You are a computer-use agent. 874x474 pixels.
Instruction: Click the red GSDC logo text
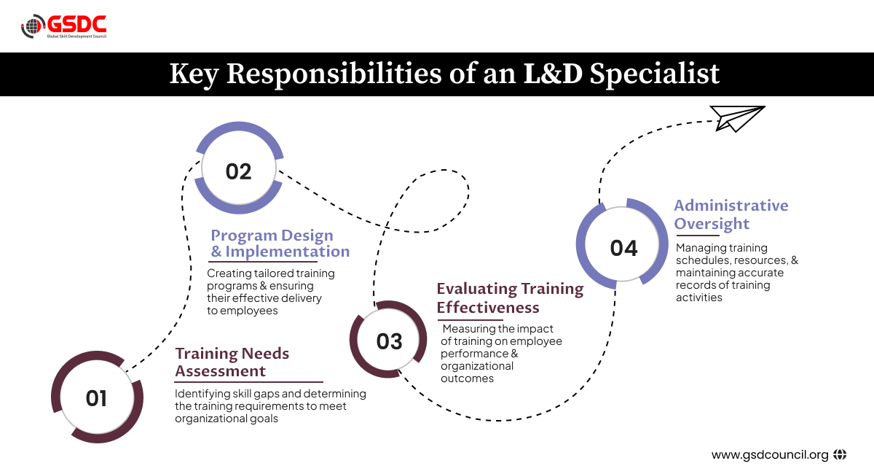[77, 24]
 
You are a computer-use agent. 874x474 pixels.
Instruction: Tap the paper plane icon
[736, 118]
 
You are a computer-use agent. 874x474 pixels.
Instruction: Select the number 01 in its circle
[96, 399]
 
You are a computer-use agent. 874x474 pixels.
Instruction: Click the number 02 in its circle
[238, 171]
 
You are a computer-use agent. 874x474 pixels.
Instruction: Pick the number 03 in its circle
[389, 341]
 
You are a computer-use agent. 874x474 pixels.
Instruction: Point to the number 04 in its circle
[623, 248]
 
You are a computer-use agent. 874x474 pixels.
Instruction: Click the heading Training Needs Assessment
[232, 362]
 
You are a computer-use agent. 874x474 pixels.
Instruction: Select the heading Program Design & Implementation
[280, 244]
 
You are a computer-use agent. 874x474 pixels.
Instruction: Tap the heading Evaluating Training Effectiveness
[510, 298]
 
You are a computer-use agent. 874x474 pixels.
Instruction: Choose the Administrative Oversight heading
[731, 214]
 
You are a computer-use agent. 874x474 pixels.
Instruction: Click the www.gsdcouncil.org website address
[770, 455]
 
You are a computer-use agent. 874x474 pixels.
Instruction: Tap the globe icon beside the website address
[840, 454]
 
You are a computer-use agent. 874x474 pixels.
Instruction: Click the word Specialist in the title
[654, 74]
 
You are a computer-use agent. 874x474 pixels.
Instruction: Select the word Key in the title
[194, 74]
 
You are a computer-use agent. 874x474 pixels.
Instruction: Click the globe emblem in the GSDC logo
[34, 26]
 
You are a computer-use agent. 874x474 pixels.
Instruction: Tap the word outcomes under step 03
[467, 378]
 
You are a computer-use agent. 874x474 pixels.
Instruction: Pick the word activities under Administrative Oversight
[698, 298]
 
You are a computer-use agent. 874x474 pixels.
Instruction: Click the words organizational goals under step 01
[227, 419]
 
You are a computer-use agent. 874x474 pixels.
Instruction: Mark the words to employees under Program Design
[243, 311]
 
